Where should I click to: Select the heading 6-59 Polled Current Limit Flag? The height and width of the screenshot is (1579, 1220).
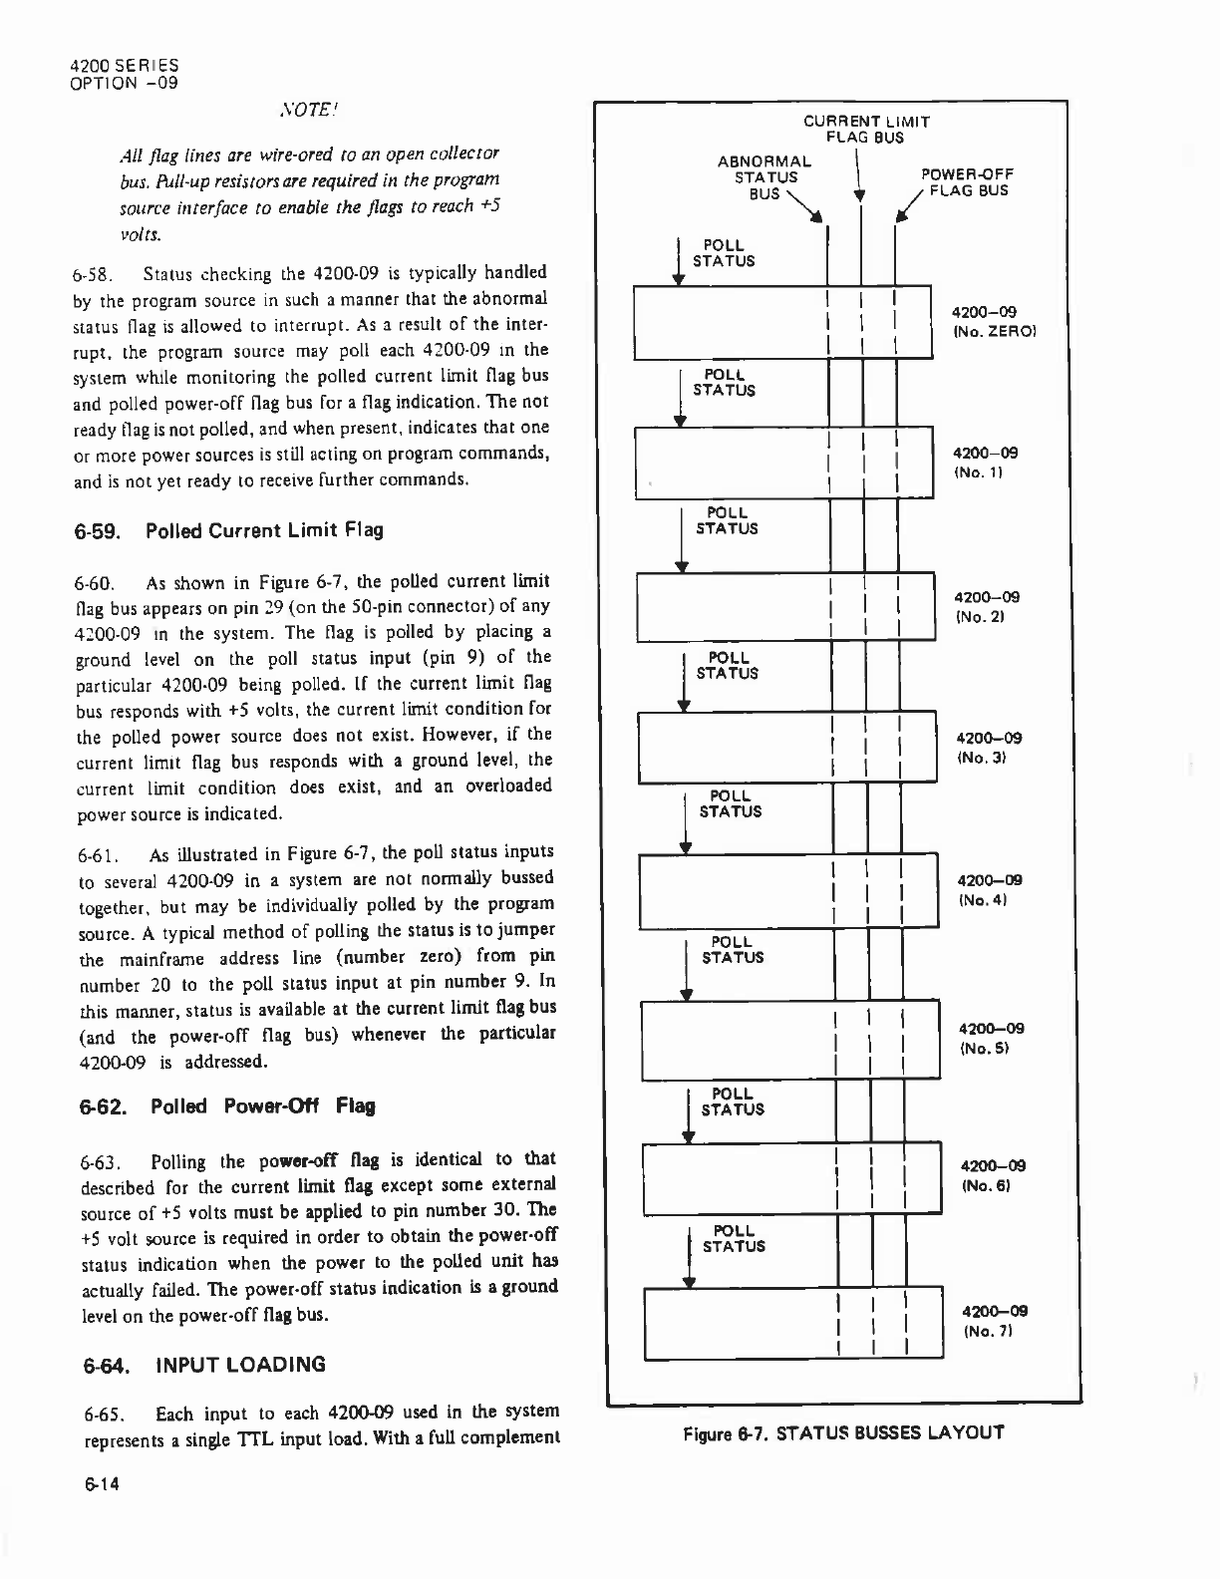pos(228,529)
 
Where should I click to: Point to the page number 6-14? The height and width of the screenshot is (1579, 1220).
pos(100,1484)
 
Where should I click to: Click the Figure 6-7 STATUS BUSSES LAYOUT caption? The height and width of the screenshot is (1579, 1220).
pos(842,1433)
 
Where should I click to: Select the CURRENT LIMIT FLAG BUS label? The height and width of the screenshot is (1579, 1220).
pos(866,130)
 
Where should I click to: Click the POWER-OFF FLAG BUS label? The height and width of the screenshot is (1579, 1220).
pos(966,182)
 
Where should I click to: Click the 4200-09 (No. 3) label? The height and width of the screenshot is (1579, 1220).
pos(987,748)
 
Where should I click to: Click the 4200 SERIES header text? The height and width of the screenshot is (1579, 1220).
pos(124,67)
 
